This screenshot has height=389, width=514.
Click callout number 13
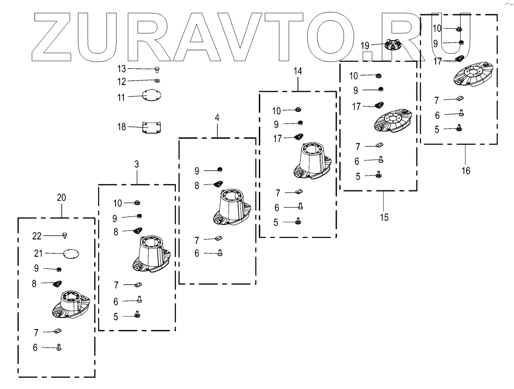[x=122, y=69]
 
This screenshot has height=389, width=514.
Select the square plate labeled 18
[x=152, y=128]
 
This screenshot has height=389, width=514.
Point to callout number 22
[x=37, y=236]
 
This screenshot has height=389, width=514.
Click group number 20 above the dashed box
[x=61, y=197]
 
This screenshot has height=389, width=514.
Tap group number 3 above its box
[x=137, y=165]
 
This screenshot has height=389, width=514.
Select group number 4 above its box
[x=216, y=118]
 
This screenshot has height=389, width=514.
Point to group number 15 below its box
[x=384, y=217]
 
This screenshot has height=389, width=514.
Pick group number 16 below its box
[x=466, y=171]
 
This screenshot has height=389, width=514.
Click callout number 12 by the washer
[x=122, y=81]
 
